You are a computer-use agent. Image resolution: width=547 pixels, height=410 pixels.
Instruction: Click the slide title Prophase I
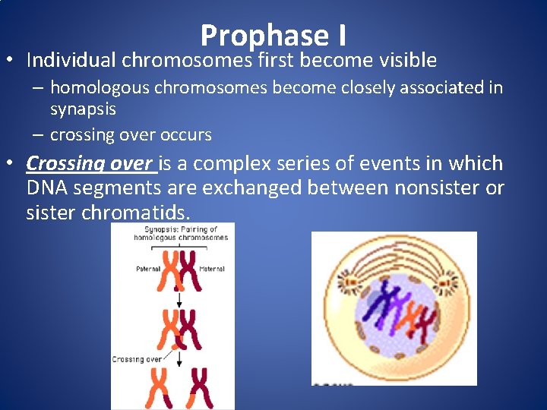pyautogui.click(x=273, y=35)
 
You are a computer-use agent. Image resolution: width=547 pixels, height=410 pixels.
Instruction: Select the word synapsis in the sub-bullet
pyautogui.click(x=83, y=109)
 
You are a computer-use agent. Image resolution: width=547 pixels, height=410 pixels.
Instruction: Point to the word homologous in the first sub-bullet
pyautogui.click(x=100, y=88)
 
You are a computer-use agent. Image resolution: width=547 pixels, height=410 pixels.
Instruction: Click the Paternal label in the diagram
pyautogui.click(x=148, y=268)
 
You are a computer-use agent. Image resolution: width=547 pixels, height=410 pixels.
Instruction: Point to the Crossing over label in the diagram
pyautogui.click(x=138, y=359)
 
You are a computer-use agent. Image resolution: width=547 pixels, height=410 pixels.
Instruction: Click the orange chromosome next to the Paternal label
pyautogui.click(x=169, y=272)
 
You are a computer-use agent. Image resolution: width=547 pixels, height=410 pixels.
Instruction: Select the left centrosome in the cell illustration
pyautogui.click(x=351, y=282)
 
